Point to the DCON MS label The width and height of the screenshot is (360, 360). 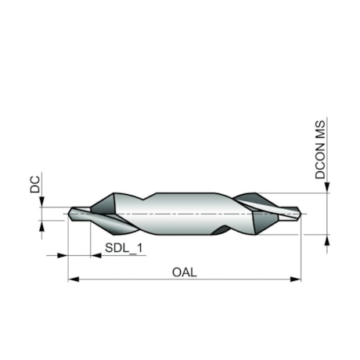click(321, 149)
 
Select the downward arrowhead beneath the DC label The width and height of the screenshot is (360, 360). click(41, 202)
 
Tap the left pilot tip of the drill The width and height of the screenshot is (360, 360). click(78, 212)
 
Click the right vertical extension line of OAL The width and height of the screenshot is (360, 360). click(301, 250)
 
